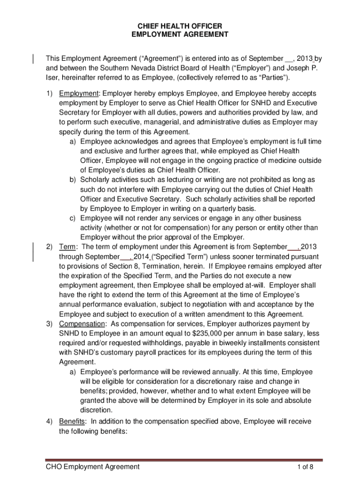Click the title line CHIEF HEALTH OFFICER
point(179,26)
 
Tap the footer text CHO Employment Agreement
point(93,466)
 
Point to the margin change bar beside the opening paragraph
point(33,58)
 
